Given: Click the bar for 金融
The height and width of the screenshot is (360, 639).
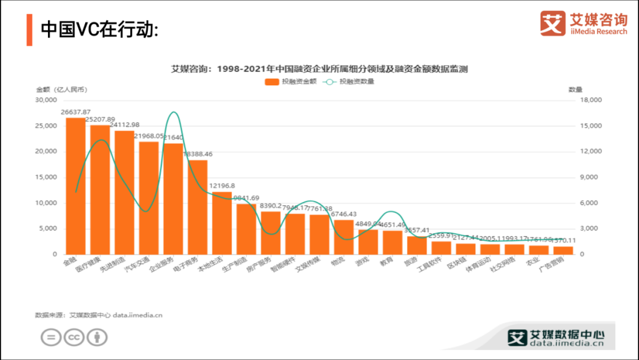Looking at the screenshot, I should (75, 186).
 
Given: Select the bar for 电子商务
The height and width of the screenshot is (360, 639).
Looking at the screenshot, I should (198, 207).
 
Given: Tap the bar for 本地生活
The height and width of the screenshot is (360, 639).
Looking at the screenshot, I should (222, 223).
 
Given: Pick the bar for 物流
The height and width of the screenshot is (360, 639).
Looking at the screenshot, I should (344, 237).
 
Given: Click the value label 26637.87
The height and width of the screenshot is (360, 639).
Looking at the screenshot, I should (76, 112).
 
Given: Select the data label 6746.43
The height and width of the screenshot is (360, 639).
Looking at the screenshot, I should (344, 214).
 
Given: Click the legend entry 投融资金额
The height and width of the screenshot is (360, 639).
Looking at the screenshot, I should (291, 82).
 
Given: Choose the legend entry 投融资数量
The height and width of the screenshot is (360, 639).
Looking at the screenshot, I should (349, 82).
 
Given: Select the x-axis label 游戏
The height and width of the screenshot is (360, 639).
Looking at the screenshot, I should (362, 261).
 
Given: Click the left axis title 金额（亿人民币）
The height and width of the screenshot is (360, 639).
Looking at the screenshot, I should (62, 89).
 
